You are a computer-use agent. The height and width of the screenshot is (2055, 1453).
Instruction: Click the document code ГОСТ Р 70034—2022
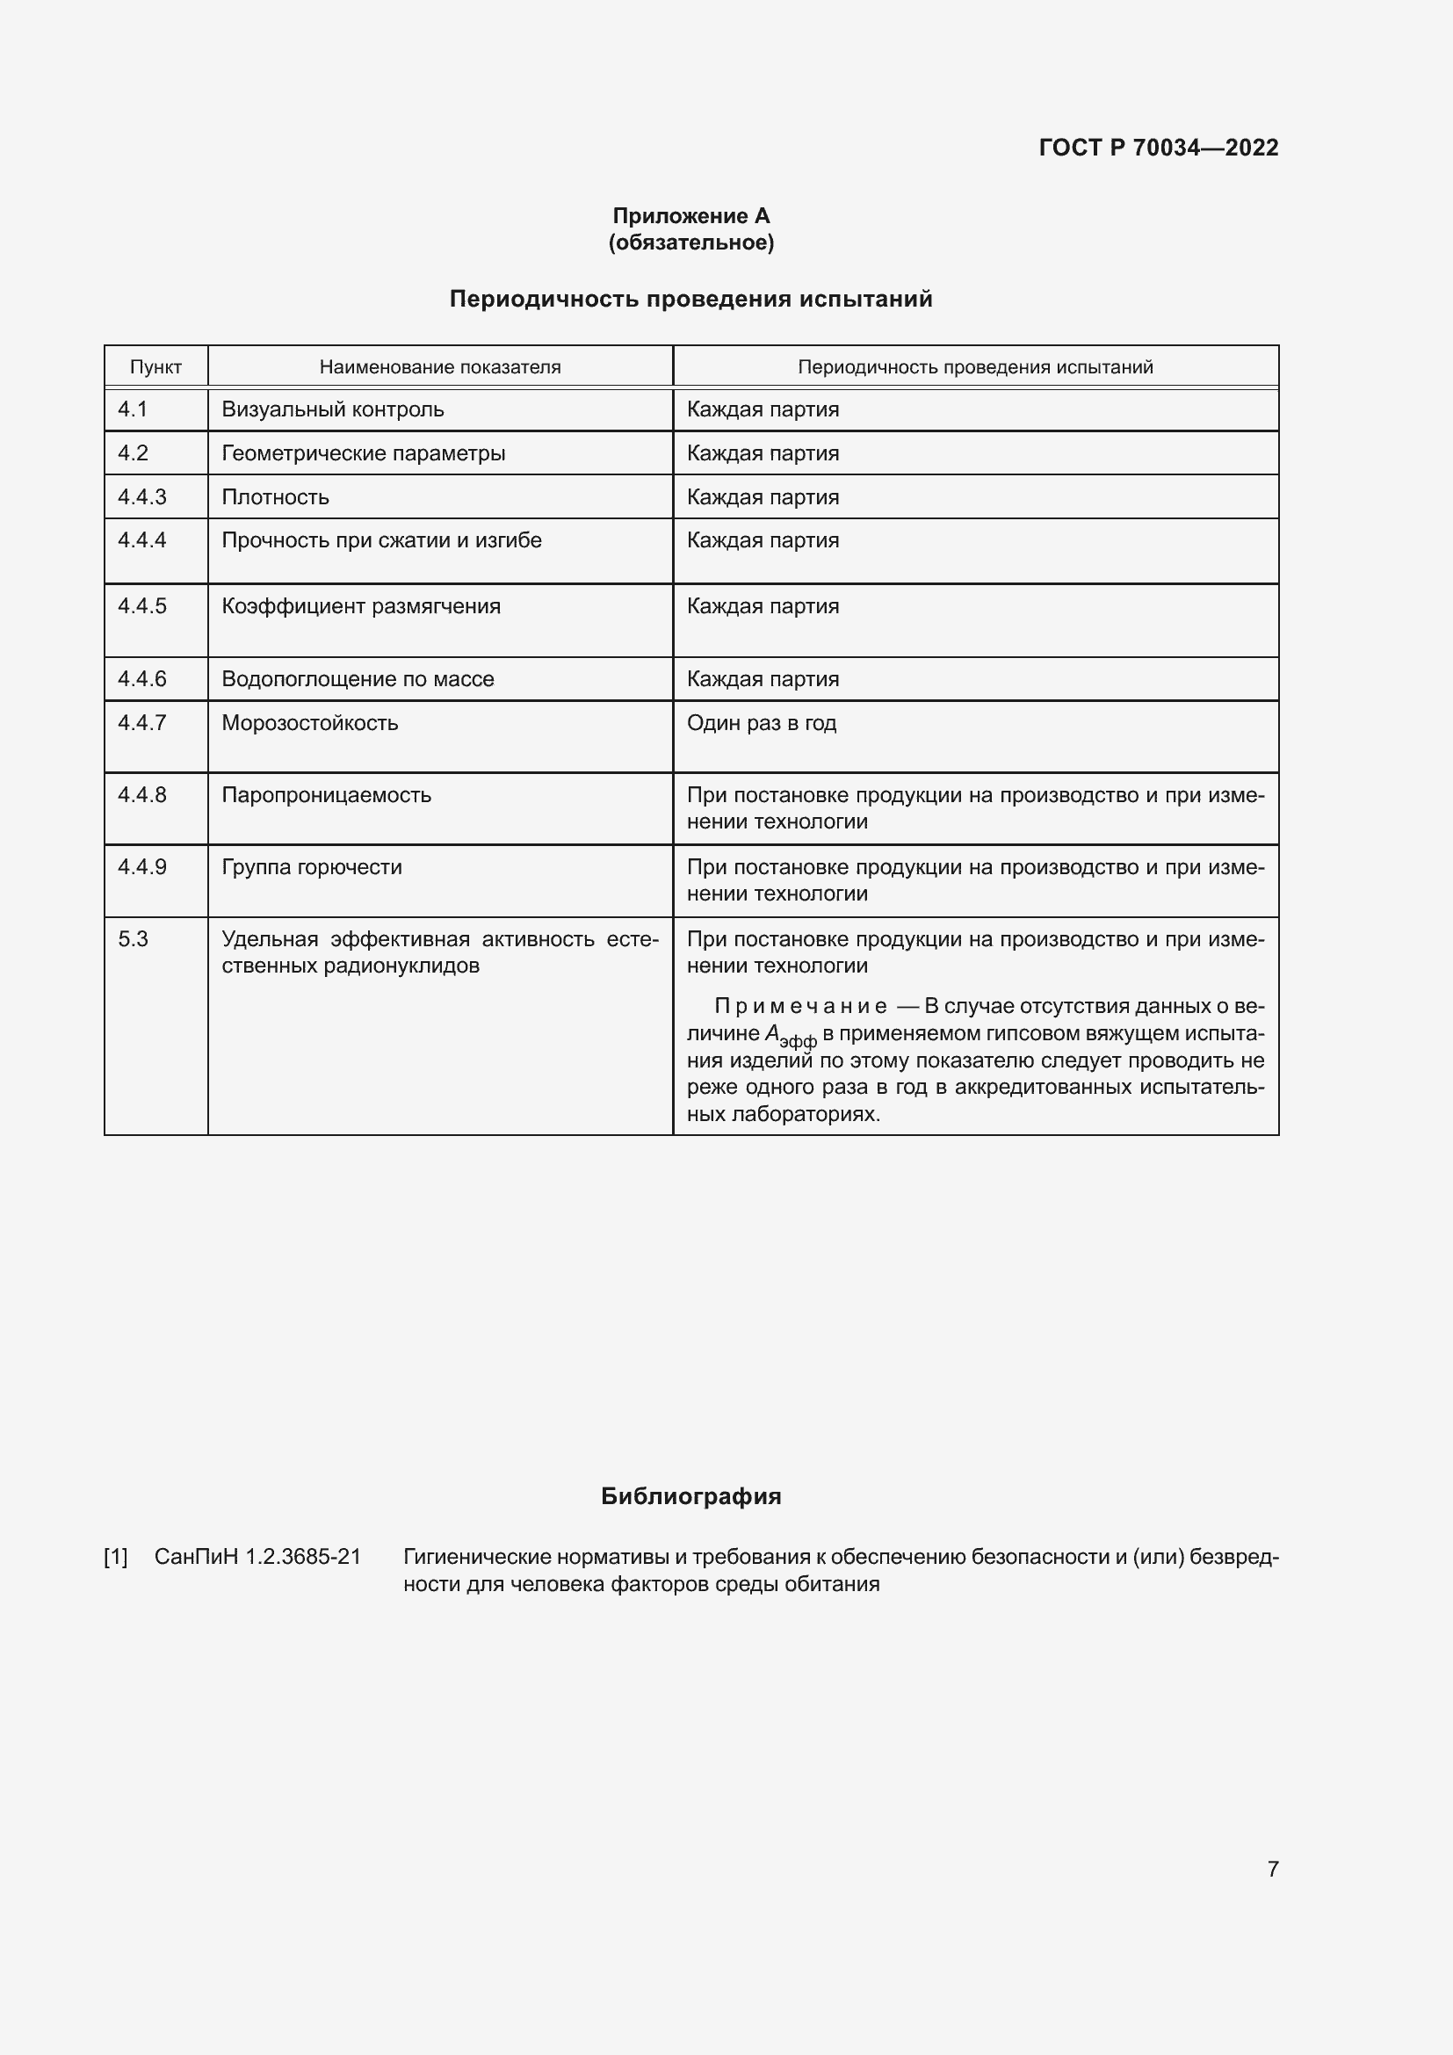point(1158,148)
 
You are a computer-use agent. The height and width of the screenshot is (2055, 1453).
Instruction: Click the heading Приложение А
point(690,216)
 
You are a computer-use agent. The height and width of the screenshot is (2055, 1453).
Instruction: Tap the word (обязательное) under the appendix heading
point(690,242)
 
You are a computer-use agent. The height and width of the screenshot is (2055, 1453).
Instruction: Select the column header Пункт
point(155,367)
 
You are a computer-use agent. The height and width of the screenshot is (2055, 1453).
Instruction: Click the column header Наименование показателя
point(440,367)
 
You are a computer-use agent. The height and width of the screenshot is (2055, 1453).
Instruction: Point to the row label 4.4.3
point(142,496)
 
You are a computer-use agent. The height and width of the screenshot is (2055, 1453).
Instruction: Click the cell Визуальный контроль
point(333,410)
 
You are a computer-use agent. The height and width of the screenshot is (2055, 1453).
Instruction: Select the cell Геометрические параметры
point(364,452)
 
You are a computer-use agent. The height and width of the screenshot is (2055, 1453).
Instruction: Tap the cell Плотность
point(276,496)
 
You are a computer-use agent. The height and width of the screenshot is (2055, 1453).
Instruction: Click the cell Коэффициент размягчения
point(360,606)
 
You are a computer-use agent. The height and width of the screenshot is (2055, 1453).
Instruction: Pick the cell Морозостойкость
point(309,722)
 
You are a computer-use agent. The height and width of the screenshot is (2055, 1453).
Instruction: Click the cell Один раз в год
point(762,722)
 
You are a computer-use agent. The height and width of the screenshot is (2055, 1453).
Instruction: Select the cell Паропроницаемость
point(327,795)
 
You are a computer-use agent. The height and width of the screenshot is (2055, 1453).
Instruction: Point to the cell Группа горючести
point(311,866)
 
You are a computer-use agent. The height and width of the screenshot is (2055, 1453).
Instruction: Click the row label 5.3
point(133,939)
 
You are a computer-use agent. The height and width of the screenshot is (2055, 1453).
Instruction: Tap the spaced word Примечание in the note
point(800,1006)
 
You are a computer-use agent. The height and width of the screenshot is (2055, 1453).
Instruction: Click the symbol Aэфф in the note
point(790,1036)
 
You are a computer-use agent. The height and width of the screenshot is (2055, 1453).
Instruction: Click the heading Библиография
point(690,1496)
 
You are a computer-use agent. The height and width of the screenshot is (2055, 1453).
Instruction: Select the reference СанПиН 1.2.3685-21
point(257,1557)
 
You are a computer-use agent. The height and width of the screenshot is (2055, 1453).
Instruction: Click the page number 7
point(1272,1869)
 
